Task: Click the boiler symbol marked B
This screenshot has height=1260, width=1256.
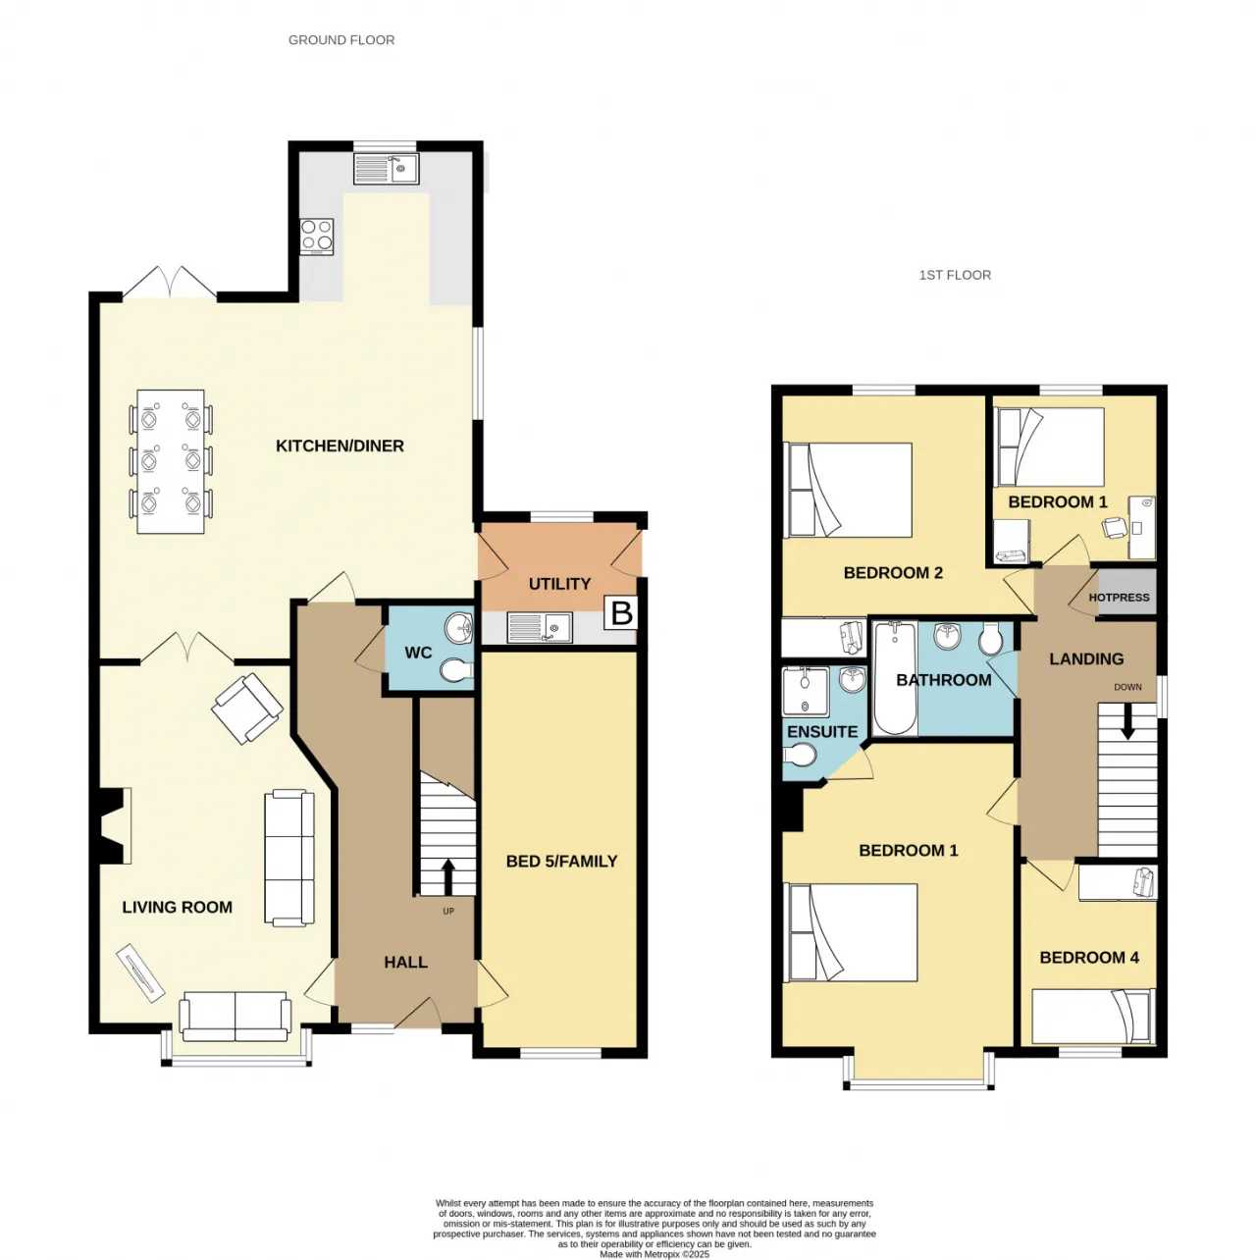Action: [619, 612]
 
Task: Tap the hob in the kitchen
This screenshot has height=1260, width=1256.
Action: [316, 236]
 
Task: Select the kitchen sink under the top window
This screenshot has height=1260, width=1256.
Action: [386, 169]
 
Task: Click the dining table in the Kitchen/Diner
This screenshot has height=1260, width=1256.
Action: [170, 461]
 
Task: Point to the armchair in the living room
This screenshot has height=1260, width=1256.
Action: [247, 709]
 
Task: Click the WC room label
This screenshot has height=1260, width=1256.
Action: [418, 653]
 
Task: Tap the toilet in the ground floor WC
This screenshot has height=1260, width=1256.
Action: [455, 670]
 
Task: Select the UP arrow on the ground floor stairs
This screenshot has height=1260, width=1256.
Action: [447, 877]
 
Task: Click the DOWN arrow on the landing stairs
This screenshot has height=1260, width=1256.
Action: [1126, 721]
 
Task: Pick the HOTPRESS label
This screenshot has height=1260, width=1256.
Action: [1119, 597]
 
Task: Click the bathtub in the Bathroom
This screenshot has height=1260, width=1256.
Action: [895, 677]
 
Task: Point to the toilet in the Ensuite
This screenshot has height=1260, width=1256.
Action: [799, 756]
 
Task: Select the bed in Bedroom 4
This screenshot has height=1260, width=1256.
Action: [1093, 1016]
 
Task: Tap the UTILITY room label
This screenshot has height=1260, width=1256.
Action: [559, 584]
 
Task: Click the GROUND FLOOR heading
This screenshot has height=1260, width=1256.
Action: [341, 40]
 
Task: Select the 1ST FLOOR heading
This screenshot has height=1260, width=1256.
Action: [955, 276]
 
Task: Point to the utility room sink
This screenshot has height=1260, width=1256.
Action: [539, 627]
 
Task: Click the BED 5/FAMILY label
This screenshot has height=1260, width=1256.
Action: [561, 862]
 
